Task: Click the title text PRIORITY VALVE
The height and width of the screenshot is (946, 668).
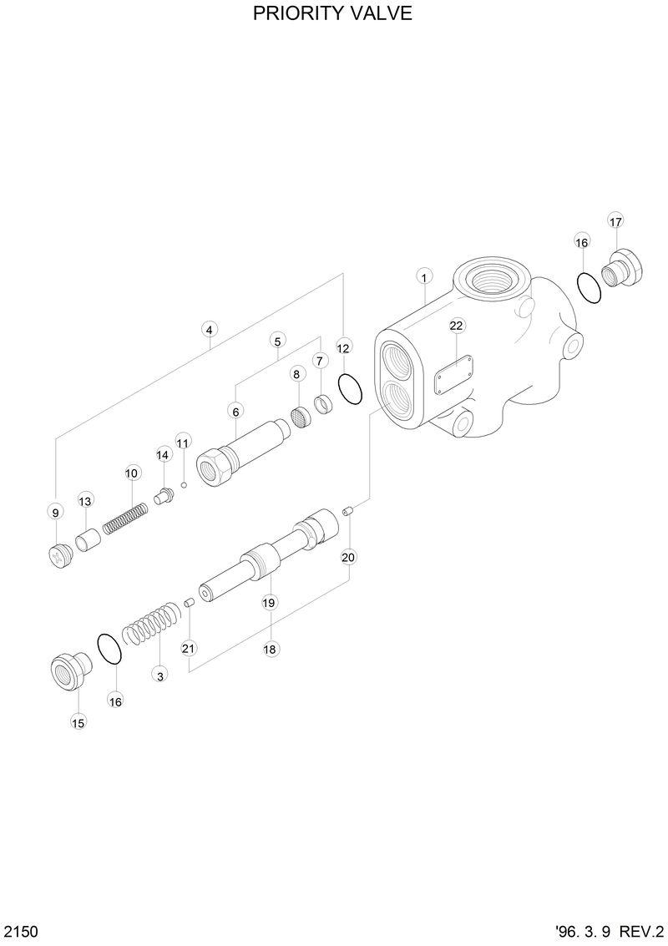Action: coord(333,14)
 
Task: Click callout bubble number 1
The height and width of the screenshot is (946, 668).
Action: coord(424,277)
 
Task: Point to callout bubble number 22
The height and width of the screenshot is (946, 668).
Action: coord(457,325)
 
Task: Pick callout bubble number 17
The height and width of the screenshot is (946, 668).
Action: coord(615,221)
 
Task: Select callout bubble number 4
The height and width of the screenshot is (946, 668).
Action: coord(209,329)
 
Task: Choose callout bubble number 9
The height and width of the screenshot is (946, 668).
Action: coord(55,512)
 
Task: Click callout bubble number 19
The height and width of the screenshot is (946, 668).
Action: coord(269,602)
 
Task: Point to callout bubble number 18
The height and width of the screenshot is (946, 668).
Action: coord(271,649)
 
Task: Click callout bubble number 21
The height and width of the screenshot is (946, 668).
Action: coord(188,648)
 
